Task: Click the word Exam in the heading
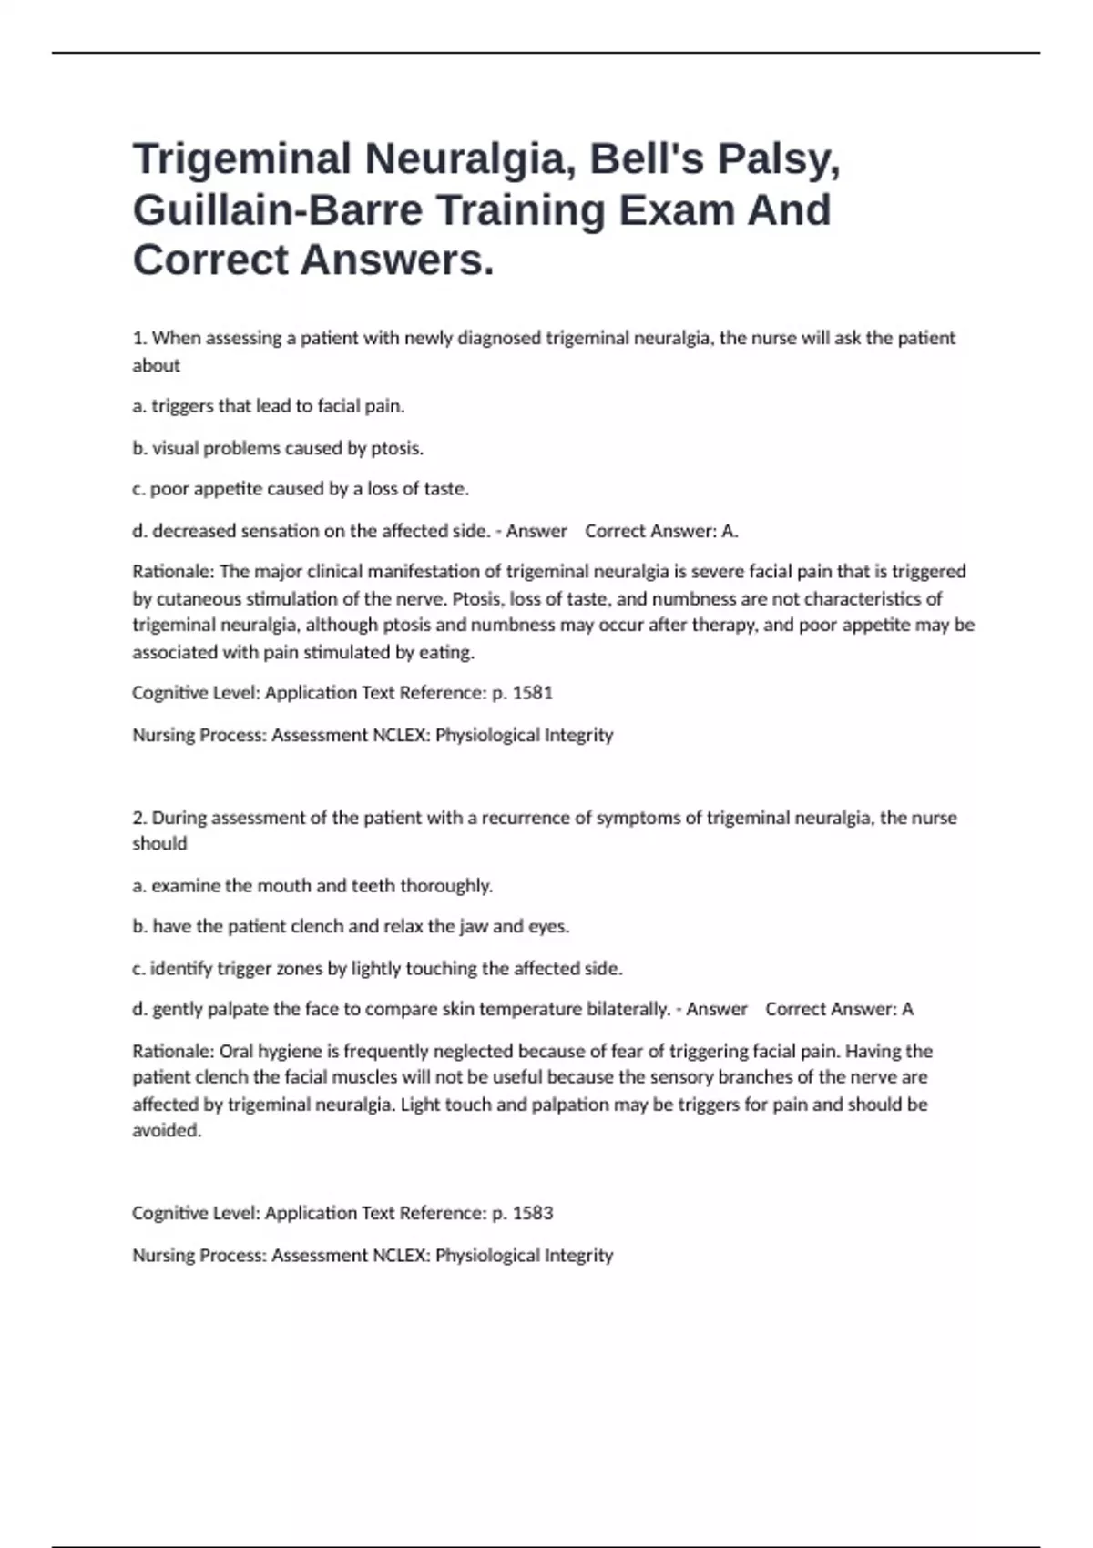pyautogui.click(x=675, y=210)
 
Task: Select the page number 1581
pyautogui.click(x=533, y=693)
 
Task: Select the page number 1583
pyautogui.click(x=533, y=1213)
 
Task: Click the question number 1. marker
pyautogui.click(x=139, y=338)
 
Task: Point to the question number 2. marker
pyautogui.click(x=139, y=818)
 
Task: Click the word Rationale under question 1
pyautogui.click(x=173, y=572)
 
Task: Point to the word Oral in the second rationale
pyautogui.click(x=236, y=1051)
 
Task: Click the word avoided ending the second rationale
pyautogui.click(x=166, y=1131)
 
